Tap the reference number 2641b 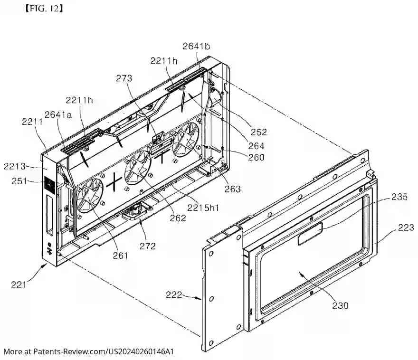(x=197, y=46)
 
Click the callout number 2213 (x=14, y=166)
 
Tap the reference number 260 (x=256, y=158)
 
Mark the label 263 (x=233, y=189)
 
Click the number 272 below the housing (x=148, y=246)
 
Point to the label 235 (x=399, y=197)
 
